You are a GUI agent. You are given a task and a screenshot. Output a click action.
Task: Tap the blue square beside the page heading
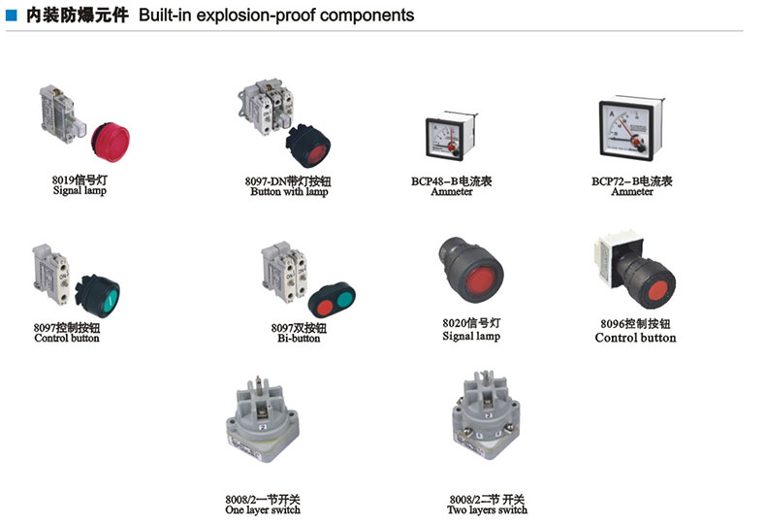coord(11,15)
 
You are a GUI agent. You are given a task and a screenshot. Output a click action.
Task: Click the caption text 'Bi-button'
coord(299,339)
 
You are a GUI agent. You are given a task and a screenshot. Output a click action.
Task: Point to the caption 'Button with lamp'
coord(289,192)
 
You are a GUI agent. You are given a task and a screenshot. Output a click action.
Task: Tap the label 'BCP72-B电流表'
coord(631,180)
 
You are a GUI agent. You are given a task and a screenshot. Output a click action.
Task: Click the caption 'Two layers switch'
coord(487,510)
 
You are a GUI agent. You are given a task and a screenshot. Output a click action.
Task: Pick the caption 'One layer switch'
coord(262,510)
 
